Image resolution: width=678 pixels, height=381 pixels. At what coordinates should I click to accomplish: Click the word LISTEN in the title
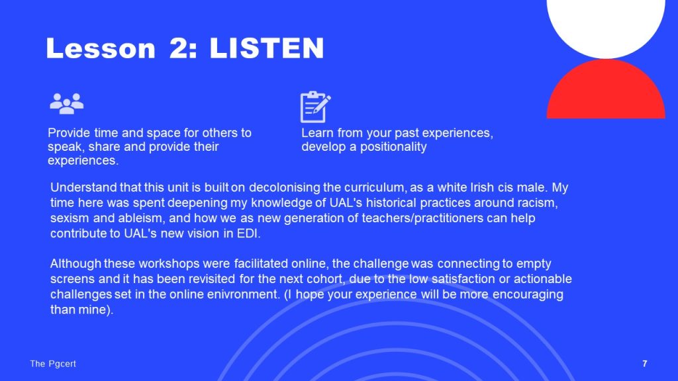tap(267, 48)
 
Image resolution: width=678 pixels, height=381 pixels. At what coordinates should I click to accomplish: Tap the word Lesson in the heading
tap(101, 48)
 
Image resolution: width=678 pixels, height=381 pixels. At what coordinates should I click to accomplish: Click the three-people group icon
tap(67, 103)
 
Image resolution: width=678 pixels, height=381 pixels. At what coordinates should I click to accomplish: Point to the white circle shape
tap(606, 26)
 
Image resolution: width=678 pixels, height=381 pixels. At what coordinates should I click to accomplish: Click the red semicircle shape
tap(606, 91)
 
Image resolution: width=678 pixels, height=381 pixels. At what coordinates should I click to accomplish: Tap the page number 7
tap(645, 364)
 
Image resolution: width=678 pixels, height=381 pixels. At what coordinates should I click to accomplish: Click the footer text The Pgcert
tap(53, 364)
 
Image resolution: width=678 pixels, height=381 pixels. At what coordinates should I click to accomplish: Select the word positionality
tap(393, 147)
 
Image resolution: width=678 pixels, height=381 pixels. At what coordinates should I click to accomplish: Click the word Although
tap(75, 263)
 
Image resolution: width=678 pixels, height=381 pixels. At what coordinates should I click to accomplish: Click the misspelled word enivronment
tap(243, 294)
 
